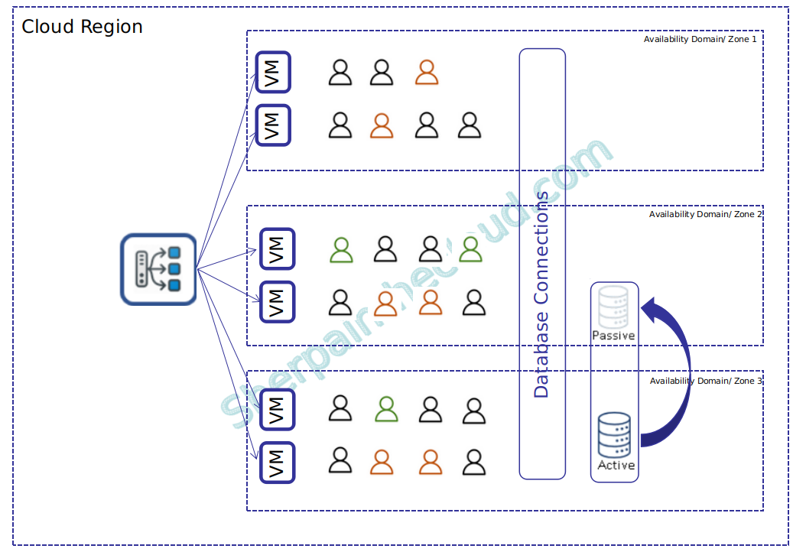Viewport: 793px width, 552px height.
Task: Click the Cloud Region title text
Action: (x=82, y=27)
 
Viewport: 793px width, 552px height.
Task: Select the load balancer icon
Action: (x=158, y=270)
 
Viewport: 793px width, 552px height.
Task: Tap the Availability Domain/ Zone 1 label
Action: (x=700, y=39)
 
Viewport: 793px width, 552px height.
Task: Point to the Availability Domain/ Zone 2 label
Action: (x=705, y=215)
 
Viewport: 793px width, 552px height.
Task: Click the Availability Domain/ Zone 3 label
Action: (x=705, y=381)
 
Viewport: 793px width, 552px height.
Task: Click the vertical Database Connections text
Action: (x=541, y=294)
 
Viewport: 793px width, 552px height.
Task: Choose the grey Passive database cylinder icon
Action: (x=614, y=307)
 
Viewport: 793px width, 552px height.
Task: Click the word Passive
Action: (x=613, y=336)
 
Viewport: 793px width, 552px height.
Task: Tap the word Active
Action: (x=616, y=465)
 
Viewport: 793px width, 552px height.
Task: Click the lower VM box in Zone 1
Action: (x=273, y=125)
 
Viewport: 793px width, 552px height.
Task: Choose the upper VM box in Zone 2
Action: (x=277, y=248)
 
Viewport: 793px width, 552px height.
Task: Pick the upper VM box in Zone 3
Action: (x=277, y=410)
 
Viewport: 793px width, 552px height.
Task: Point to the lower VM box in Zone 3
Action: (x=277, y=462)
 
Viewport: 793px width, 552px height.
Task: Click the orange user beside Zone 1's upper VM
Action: (x=427, y=73)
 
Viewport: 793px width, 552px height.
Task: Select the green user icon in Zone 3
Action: (x=387, y=409)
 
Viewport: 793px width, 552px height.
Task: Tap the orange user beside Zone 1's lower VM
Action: (x=382, y=125)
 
